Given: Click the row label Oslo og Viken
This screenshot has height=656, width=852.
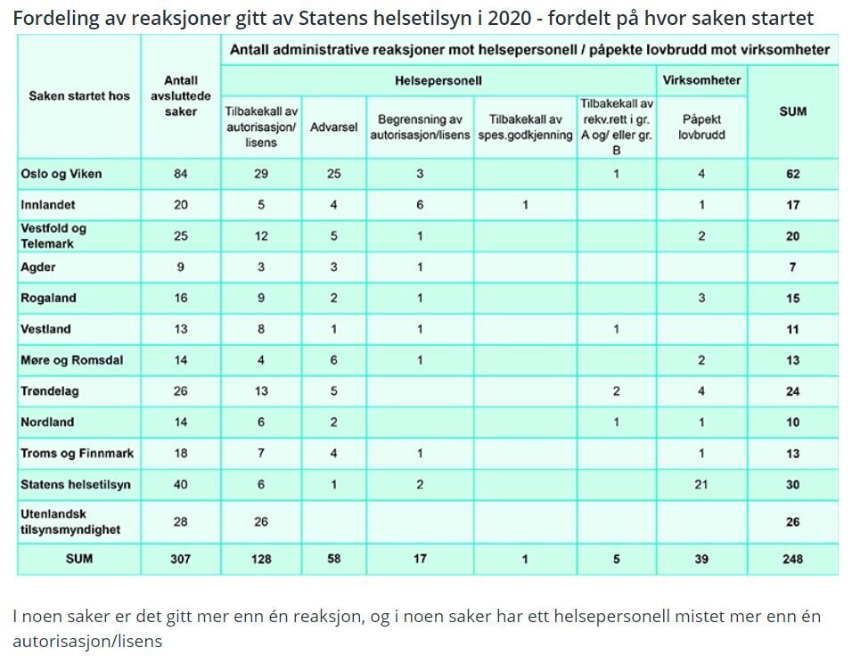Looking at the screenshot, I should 61,174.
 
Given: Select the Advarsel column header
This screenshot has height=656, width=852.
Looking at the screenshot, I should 333,127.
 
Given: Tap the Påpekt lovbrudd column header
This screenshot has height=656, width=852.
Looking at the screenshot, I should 700,127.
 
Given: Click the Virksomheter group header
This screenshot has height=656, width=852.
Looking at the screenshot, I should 701,80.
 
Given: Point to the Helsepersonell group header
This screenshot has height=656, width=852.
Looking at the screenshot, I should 438,80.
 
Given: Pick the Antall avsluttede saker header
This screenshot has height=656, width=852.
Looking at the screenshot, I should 181,96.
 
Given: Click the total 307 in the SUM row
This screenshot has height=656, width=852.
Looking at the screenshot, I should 181,559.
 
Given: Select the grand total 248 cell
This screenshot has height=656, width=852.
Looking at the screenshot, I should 792,559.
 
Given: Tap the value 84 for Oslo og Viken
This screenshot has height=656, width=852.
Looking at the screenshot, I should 181,174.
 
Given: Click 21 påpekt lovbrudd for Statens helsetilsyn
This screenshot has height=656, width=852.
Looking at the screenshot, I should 701,484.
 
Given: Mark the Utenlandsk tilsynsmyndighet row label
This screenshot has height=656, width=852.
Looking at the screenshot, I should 70,521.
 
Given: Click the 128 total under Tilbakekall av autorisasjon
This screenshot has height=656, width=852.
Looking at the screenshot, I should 261,559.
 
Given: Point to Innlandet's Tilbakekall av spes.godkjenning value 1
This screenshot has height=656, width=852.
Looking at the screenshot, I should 526,205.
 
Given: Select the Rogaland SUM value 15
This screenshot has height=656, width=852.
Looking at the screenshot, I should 792,299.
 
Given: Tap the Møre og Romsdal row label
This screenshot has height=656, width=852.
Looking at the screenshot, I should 72,360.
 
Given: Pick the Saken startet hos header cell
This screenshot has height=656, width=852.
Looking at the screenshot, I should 79,96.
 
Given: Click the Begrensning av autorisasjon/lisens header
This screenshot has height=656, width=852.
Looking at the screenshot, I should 419,127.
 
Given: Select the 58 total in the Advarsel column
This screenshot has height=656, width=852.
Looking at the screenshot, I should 333,559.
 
